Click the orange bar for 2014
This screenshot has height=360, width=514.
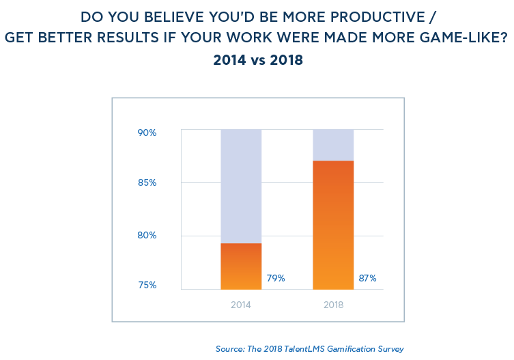[241, 266]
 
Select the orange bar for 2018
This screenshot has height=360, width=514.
[333, 225]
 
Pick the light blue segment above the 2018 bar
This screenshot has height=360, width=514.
[333, 145]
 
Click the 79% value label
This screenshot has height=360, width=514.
[276, 278]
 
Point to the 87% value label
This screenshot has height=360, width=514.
[367, 278]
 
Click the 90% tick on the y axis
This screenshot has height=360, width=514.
[147, 133]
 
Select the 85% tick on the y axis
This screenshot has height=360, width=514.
[147, 183]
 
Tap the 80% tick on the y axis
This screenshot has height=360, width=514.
[147, 236]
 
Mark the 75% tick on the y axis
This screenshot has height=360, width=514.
[147, 285]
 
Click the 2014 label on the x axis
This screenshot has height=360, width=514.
[241, 305]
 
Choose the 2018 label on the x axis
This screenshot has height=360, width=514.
[333, 305]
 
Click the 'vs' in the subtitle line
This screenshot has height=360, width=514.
[257, 60]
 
